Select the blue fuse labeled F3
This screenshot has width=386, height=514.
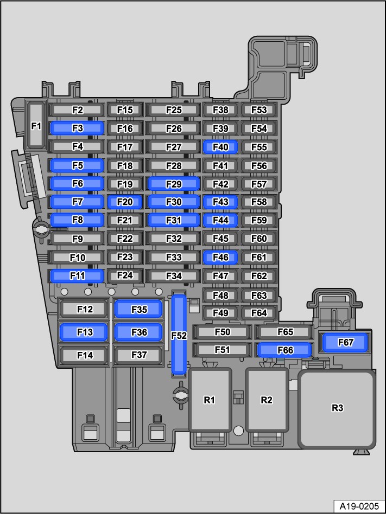click(78, 128)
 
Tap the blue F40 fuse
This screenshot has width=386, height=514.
click(220, 147)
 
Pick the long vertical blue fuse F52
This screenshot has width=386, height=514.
click(179, 335)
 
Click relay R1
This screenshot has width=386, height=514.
click(210, 400)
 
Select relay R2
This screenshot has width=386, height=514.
click(267, 400)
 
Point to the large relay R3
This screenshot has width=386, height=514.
click(337, 408)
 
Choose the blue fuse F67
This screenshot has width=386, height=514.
click(345, 343)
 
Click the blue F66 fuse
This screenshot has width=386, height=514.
click(284, 350)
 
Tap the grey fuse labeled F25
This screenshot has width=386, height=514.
click(173, 110)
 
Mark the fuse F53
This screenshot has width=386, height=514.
click(259, 110)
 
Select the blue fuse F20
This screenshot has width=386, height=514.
click(125, 202)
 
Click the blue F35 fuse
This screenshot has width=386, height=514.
click(138, 309)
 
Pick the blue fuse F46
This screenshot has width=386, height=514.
click(220, 258)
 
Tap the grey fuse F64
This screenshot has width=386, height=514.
click(259, 313)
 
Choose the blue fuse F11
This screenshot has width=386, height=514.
click(78, 275)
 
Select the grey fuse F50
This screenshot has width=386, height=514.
click(222, 332)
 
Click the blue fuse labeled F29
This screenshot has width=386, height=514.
click(173, 184)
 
